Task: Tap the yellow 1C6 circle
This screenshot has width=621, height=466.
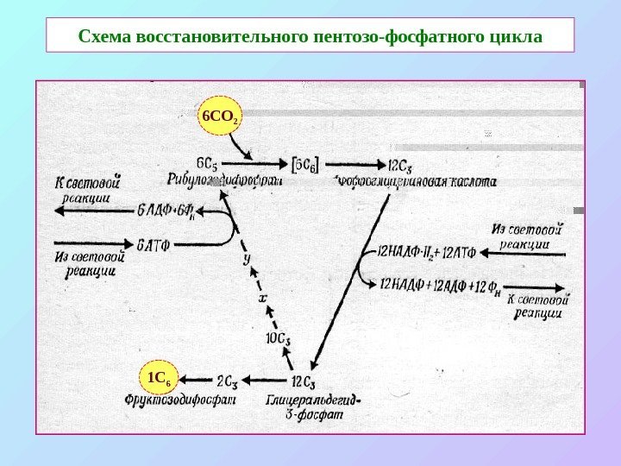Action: tap(160, 379)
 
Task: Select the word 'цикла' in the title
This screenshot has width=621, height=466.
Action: tap(515, 38)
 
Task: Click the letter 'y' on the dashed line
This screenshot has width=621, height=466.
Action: tap(247, 257)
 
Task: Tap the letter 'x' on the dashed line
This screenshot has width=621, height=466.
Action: tap(263, 297)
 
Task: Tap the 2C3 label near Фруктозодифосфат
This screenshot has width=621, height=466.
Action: tap(228, 380)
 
